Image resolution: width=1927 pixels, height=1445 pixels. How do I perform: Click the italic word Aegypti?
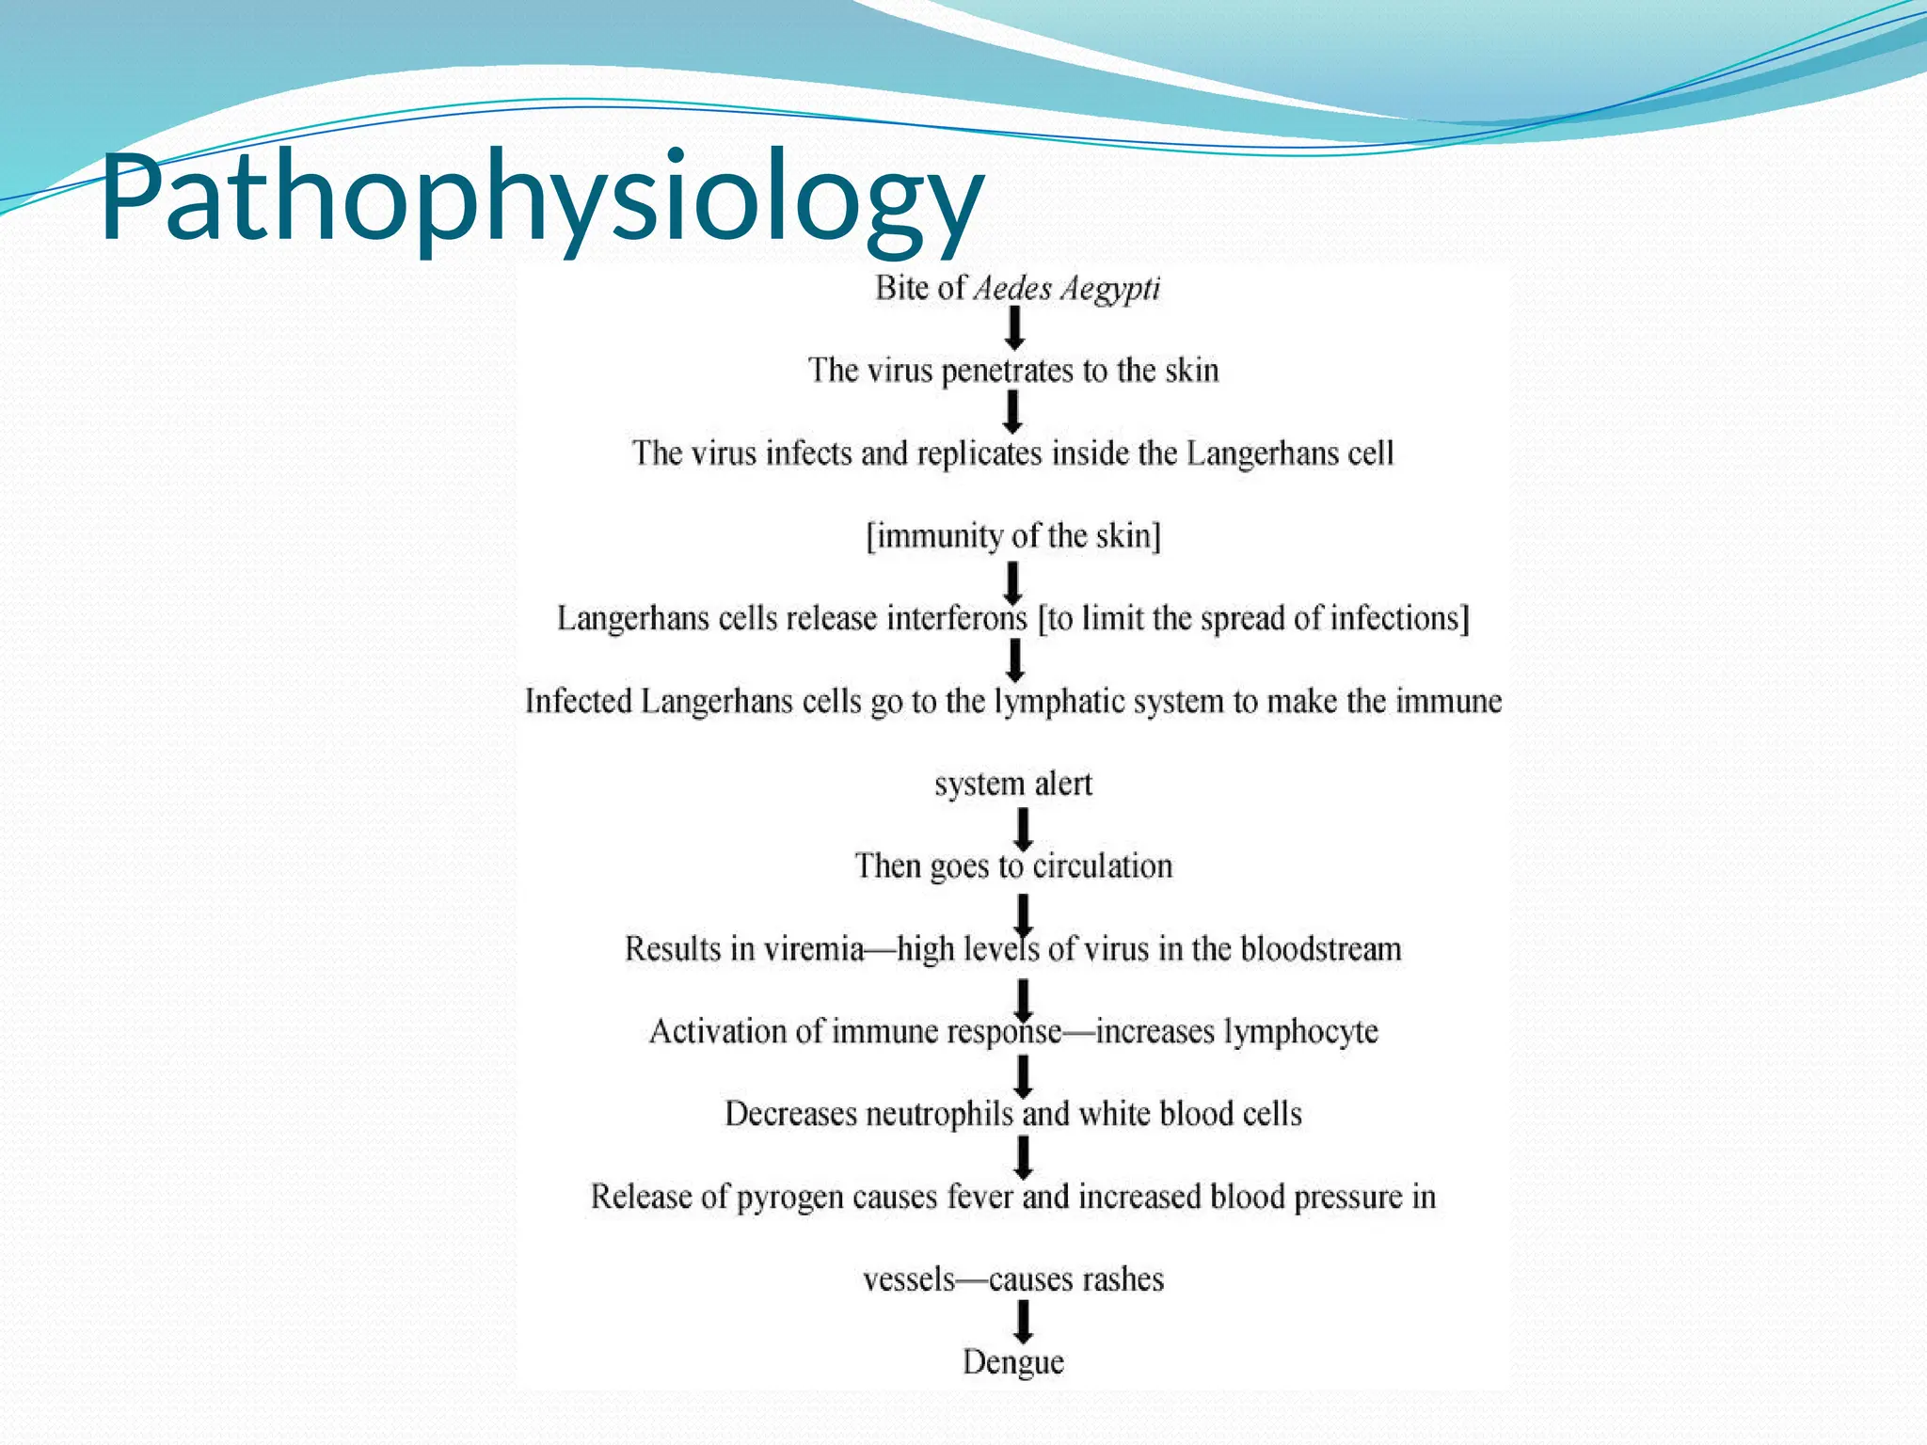(1110, 289)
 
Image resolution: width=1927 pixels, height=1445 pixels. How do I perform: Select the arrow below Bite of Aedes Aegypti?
(1014, 328)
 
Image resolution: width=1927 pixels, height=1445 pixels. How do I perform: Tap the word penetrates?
(1006, 372)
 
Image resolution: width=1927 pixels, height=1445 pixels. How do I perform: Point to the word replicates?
(979, 454)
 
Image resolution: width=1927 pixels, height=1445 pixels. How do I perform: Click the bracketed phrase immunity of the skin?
(1013, 536)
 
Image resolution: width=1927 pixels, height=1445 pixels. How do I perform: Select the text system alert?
(1013, 784)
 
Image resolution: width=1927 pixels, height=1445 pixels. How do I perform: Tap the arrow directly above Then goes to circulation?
(1023, 829)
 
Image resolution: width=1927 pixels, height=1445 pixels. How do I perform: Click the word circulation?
(1103, 866)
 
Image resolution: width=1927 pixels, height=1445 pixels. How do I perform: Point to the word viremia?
(814, 949)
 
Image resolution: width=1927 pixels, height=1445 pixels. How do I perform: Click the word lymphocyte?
(1301, 1032)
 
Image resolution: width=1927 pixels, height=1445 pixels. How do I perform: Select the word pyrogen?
(789, 1198)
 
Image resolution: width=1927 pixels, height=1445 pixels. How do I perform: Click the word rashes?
(1122, 1279)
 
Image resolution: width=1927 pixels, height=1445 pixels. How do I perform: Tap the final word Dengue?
(1013, 1362)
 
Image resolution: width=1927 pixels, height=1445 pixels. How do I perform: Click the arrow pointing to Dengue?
(1023, 1320)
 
